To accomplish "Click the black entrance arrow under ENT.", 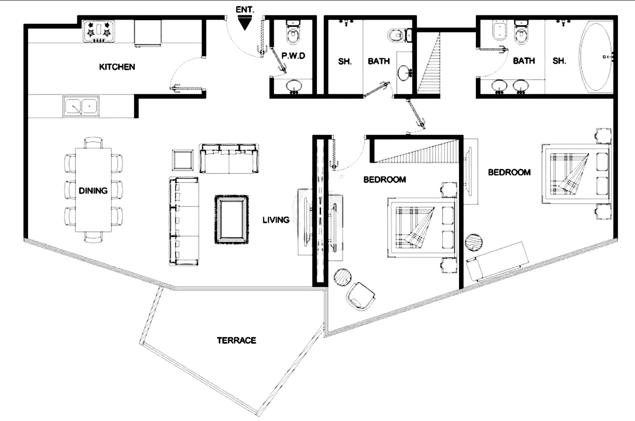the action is pyautogui.click(x=245, y=22).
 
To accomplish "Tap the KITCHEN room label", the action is pyautogui.click(x=117, y=67).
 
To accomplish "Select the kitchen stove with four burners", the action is pyautogui.click(x=99, y=31).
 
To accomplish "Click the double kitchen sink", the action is pyautogui.click(x=81, y=106).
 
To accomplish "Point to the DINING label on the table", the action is pyautogui.click(x=93, y=191).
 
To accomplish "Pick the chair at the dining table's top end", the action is pyautogui.click(x=93, y=143).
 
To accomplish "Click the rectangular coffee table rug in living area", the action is pyautogui.click(x=232, y=219).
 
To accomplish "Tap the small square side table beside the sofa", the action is pyautogui.click(x=183, y=160).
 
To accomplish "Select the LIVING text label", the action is pyautogui.click(x=276, y=220).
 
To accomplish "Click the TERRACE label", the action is pyautogui.click(x=236, y=340).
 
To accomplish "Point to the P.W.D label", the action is pyautogui.click(x=293, y=56).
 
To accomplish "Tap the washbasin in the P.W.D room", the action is pyautogui.click(x=294, y=86).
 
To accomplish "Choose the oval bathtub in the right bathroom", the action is pyautogui.click(x=596, y=57).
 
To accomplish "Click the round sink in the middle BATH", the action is pyautogui.click(x=404, y=73).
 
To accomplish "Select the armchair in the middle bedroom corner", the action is pyautogui.click(x=361, y=297).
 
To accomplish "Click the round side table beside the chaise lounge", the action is pyautogui.click(x=474, y=242).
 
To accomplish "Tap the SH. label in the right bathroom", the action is pyautogui.click(x=559, y=61).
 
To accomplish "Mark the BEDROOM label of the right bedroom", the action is pyautogui.click(x=509, y=172).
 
